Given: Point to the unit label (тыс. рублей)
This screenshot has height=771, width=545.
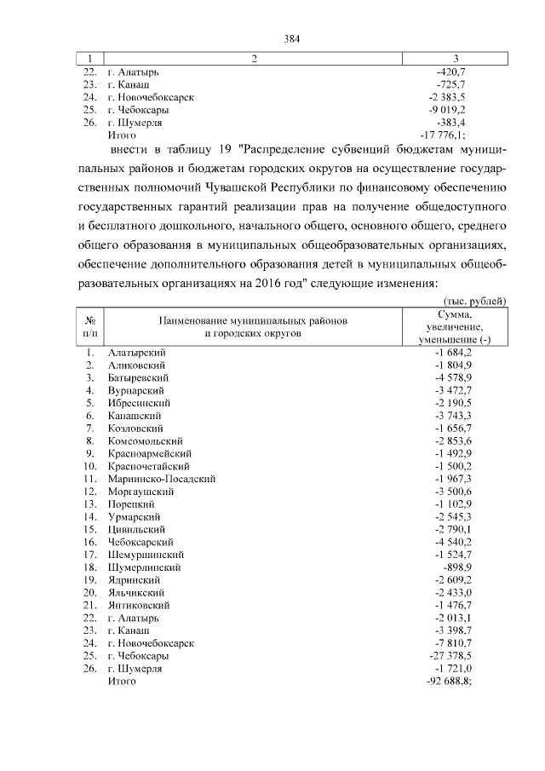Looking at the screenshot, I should (x=473, y=300).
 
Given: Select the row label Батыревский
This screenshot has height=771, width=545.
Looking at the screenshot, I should (x=138, y=377).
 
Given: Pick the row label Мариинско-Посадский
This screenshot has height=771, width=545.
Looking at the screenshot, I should (x=161, y=479).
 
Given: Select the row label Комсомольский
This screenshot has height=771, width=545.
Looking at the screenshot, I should (x=146, y=440).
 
